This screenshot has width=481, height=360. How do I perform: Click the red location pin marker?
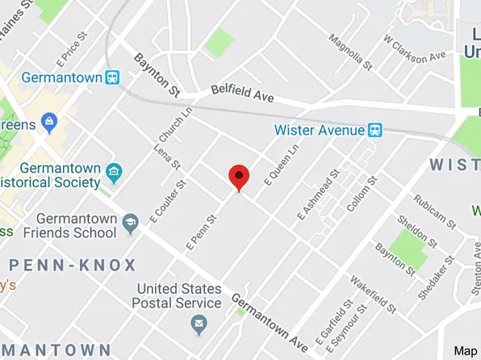(239, 176)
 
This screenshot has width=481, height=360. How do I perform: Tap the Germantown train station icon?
(113, 78)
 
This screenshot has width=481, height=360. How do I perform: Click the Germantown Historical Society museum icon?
(113, 173)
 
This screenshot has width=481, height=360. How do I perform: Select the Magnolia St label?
(349, 52)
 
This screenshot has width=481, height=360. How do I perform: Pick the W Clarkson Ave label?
(415, 50)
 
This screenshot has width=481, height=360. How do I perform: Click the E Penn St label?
(201, 231)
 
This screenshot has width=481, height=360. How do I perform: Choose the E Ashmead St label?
(319, 195)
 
